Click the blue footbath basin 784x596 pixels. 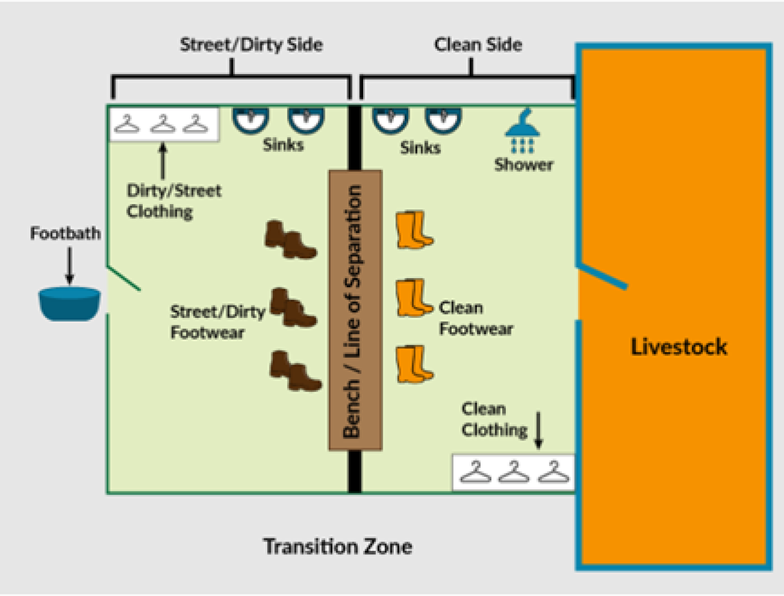click(x=70, y=303)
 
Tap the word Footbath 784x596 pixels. click(x=66, y=233)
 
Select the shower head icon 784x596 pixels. click(x=522, y=131)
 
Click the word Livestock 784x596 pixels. click(x=678, y=346)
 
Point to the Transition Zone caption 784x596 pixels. click(x=338, y=546)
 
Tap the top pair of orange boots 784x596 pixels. click(x=415, y=230)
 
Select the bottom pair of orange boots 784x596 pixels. click(x=415, y=364)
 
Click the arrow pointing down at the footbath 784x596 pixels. click(x=70, y=266)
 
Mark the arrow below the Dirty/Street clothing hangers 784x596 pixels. click(x=163, y=161)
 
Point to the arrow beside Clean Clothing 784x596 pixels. click(x=538, y=431)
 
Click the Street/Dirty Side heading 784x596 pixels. click(x=252, y=45)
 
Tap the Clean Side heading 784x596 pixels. click(x=478, y=45)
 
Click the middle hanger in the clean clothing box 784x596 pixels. click(x=514, y=472)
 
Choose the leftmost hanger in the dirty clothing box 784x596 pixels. click(x=127, y=124)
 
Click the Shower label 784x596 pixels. click(x=524, y=165)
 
